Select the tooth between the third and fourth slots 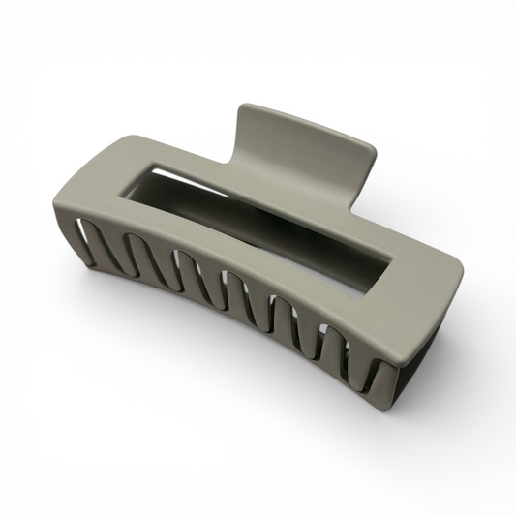tap(208, 290)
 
